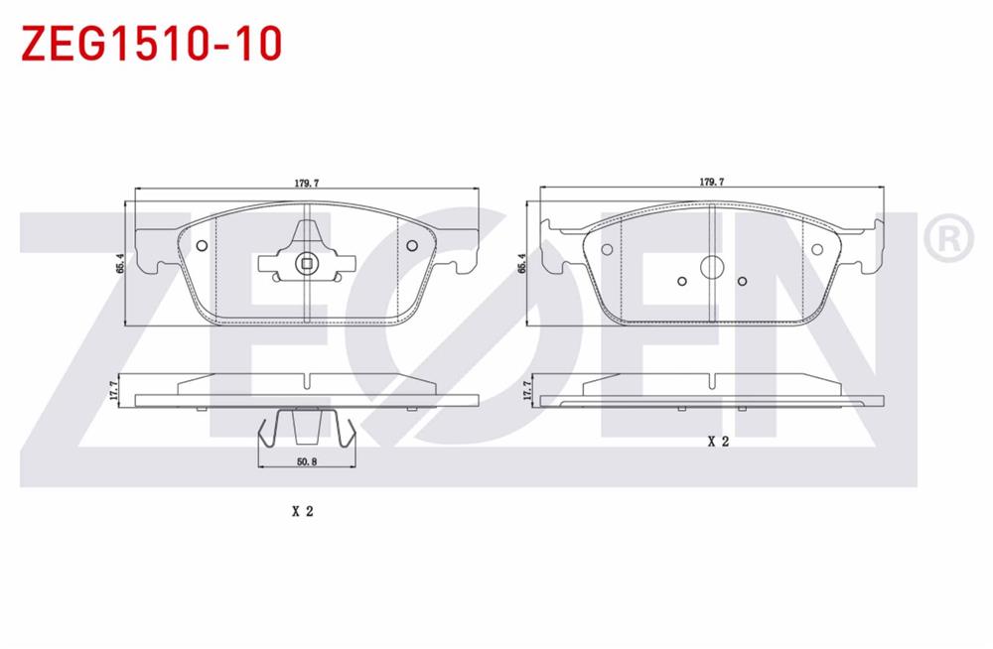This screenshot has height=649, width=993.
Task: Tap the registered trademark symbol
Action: click(x=945, y=238)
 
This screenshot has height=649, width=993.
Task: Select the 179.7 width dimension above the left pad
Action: click(x=306, y=183)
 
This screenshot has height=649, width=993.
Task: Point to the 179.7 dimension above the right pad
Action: click(x=710, y=183)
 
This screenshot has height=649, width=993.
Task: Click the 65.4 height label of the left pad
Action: click(x=119, y=264)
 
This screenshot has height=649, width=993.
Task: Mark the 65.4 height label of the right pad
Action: click(x=522, y=264)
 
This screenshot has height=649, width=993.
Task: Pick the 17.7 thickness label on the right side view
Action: click(x=526, y=390)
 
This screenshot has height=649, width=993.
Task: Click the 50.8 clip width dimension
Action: click(x=306, y=460)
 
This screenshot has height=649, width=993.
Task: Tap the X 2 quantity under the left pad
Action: click(x=302, y=512)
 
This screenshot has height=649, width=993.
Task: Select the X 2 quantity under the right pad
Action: click(x=718, y=443)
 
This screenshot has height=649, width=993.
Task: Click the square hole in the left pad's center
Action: click(x=307, y=264)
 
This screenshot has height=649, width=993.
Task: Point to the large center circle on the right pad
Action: click(x=712, y=268)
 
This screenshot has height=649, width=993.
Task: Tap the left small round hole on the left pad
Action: click(x=203, y=247)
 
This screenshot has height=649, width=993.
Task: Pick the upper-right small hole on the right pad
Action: click(x=817, y=250)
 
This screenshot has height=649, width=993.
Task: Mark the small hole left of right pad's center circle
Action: click(x=681, y=281)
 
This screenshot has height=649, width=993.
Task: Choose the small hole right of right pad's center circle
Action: click(x=743, y=281)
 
